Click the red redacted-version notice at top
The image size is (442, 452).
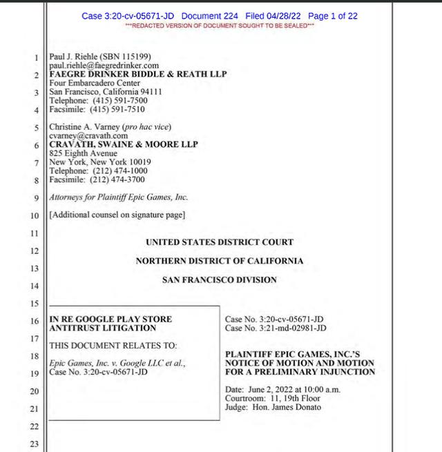coord(220,26)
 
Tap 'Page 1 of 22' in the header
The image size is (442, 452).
coord(333,16)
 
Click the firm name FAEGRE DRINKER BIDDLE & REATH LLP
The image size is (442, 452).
coord(138,74)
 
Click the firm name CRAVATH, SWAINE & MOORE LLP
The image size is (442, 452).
coord(124,145)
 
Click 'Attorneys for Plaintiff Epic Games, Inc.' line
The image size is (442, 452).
coord(118,197)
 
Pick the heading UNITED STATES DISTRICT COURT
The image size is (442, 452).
coord(220,242)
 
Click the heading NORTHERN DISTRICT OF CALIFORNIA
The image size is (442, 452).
coord(220,262)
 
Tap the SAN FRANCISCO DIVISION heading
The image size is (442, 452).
coord(220,280)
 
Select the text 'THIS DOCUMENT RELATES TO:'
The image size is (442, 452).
coord(113,345)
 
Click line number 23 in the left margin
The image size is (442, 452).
coord(35,444)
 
